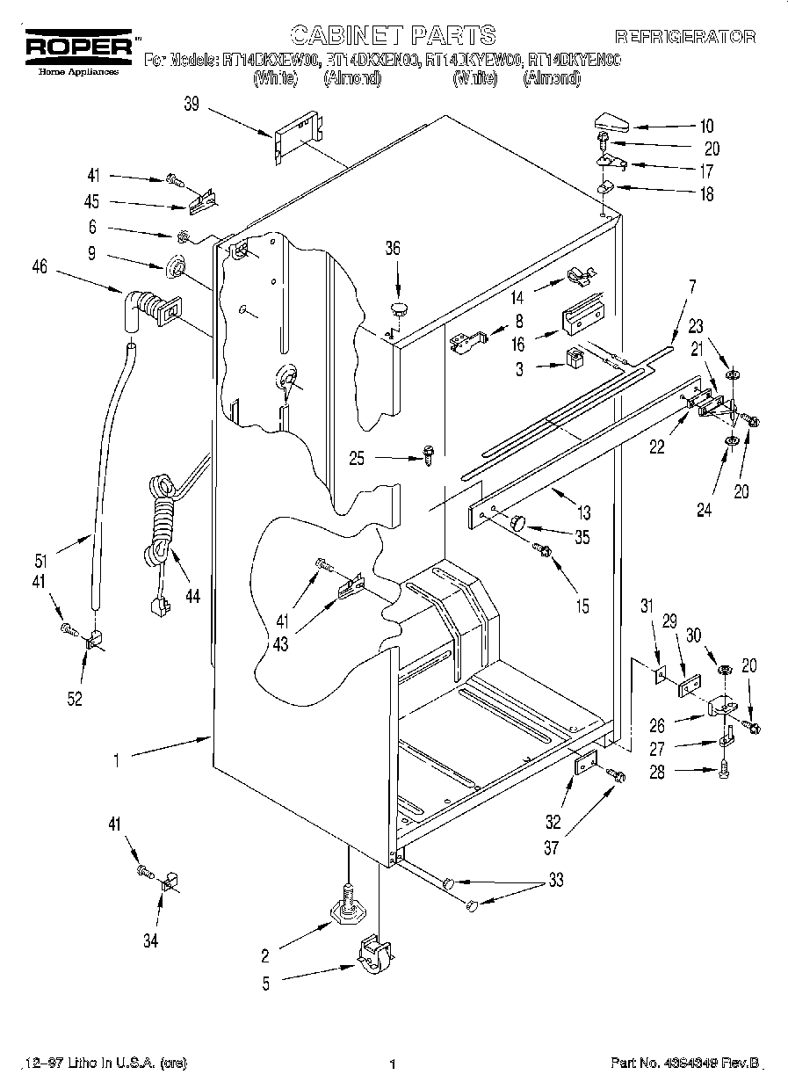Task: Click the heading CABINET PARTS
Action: tap(393, 35)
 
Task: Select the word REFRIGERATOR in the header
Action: tap(684, 37)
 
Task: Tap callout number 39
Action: tap(192, 105)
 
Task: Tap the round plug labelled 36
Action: tap(401, 308)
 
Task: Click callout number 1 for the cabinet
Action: tap(116, 761)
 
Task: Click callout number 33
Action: tap(556, 879)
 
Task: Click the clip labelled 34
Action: tap(166, 879)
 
